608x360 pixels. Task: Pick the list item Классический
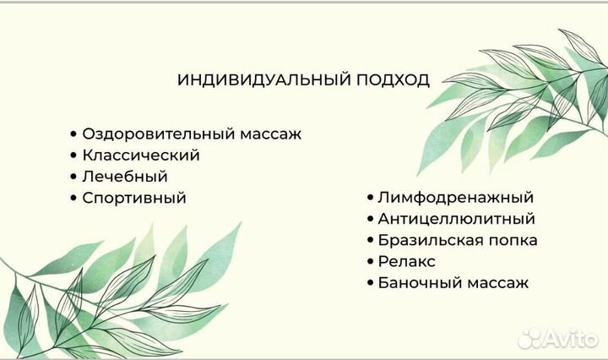[x=140, y=155]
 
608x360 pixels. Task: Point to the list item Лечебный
[x=125, y=177]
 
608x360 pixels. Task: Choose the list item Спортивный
[x=133, y=198]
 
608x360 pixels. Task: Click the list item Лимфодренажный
[x=455, y=197]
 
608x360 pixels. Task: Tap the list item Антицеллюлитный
[x=456, y=219]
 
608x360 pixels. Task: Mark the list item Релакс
[x=407, y=262]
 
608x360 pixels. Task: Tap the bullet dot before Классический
[x=74, y=155]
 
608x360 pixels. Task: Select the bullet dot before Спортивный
[x=74, y=198]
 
